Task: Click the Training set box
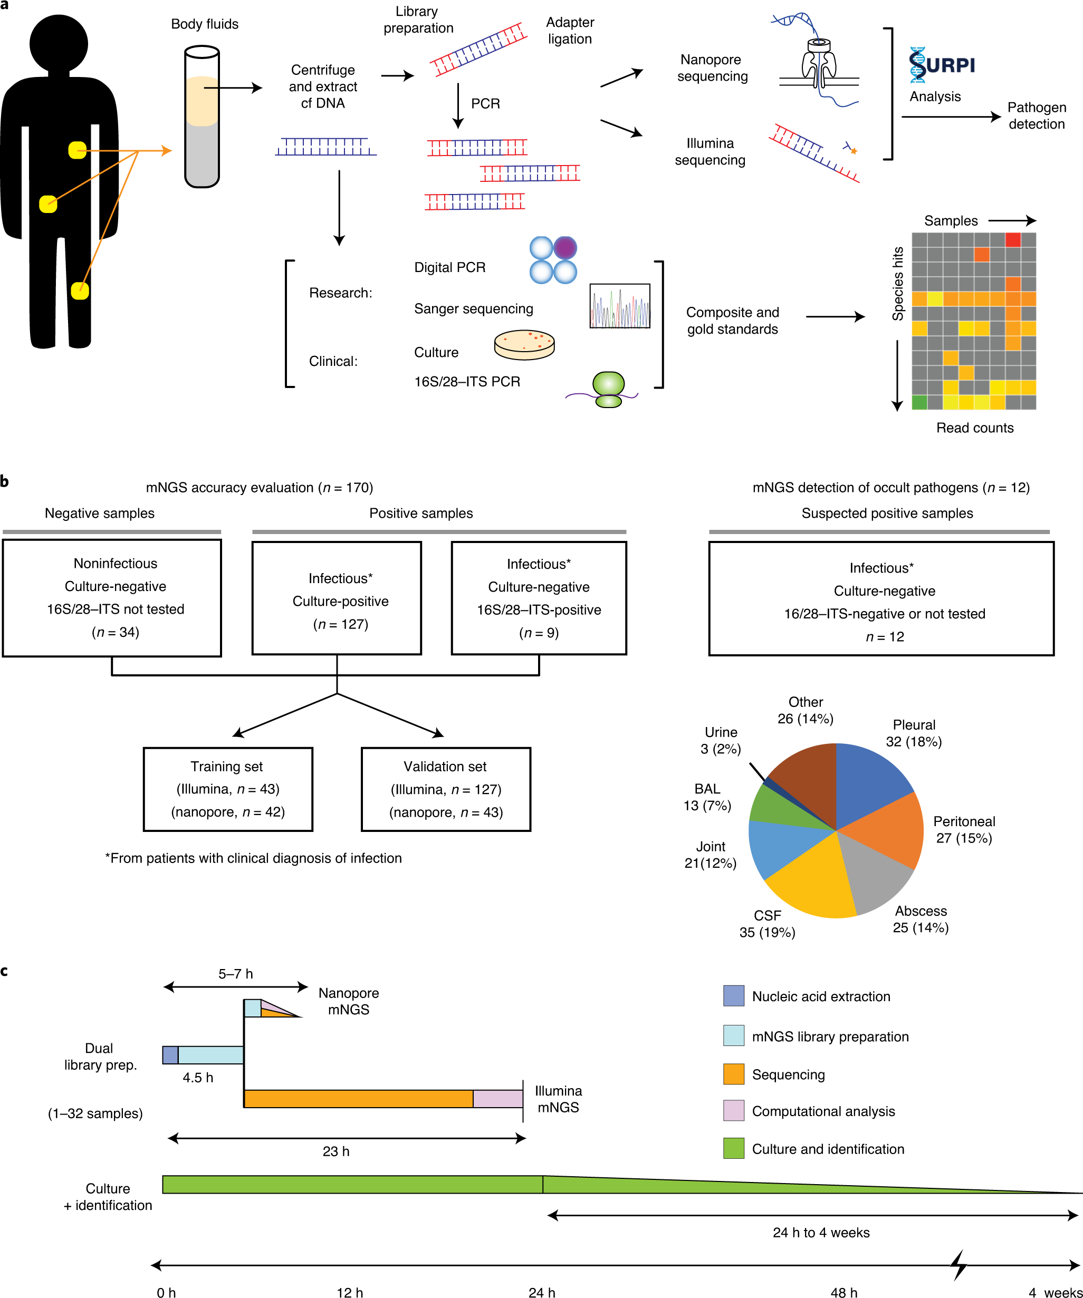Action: click(227, 789)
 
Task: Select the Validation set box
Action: click(445, 789)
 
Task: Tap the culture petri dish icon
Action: click(524, 344)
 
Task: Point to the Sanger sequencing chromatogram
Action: click(620, 305)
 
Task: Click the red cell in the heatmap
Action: click(1012, 240)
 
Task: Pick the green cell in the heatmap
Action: click(919, 402)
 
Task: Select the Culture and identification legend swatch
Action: click(734, 1148)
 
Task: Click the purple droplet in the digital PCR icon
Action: click(564, 248)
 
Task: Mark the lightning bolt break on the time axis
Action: click(959, 1265)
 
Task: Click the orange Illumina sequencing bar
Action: click(358, 1098)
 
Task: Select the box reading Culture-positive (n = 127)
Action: click(337, 598)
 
